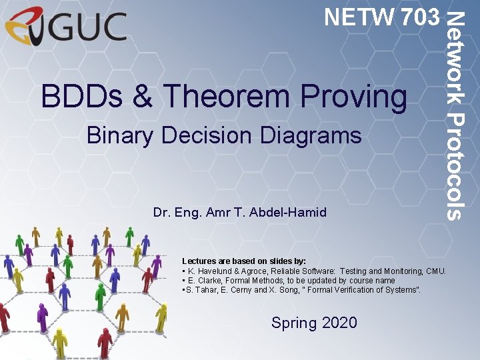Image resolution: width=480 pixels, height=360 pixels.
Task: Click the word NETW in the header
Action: coord(350,17)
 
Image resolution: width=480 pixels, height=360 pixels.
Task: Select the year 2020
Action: coord(339,323)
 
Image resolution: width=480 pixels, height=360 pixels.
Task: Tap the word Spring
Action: coord(294,323)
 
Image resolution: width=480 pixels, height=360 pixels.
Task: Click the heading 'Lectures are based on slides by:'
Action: coord(244,261)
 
